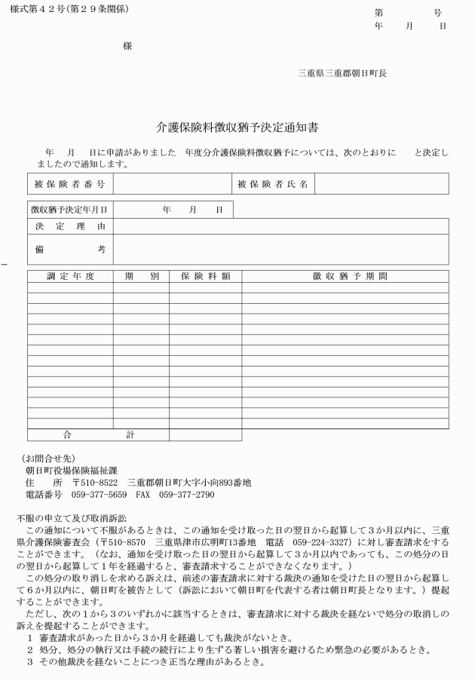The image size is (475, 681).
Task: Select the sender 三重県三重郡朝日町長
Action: point(342,73)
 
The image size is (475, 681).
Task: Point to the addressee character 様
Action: point(127,46)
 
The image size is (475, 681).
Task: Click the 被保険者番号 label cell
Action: point(69,184)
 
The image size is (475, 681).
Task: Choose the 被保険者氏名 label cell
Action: point(272,184)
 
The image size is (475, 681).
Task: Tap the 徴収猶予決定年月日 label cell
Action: point(69,210)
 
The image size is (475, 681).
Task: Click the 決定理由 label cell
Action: point(69,226)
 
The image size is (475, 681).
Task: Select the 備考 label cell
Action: point(69,249)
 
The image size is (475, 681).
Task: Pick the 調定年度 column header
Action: point(70,277)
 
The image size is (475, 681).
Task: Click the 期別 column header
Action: point(141,277)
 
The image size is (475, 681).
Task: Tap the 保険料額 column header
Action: point(205,277)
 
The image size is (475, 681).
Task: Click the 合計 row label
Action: point(98,434)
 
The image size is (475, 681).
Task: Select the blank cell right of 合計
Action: point(205,434)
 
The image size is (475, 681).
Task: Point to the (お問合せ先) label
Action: point(49,457)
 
